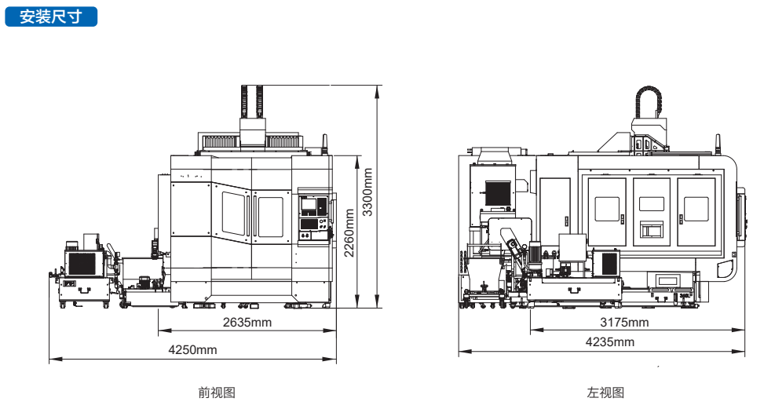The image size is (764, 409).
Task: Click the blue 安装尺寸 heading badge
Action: (51, 16)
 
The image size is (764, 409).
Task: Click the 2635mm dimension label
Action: (247, 323)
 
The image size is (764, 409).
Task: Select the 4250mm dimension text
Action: (192, 349)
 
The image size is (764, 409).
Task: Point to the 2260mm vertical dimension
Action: (349, 232)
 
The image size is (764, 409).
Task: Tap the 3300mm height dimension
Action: (367, 192)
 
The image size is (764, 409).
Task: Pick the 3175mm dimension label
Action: (624, 323)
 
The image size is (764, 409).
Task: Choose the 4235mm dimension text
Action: (610, 341)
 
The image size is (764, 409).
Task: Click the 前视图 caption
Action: (217, 393)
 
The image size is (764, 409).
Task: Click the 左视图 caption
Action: (605, 393)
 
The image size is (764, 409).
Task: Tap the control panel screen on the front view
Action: (309, 206)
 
